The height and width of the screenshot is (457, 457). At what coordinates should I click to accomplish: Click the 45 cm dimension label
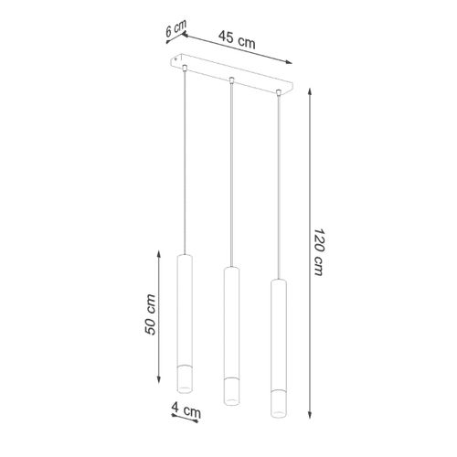click(x=237, y=39)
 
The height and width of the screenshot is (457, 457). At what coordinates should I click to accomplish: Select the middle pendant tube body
click(x=229, y=329)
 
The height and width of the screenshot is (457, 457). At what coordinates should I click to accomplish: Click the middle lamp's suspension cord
click(x=231, y=174)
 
